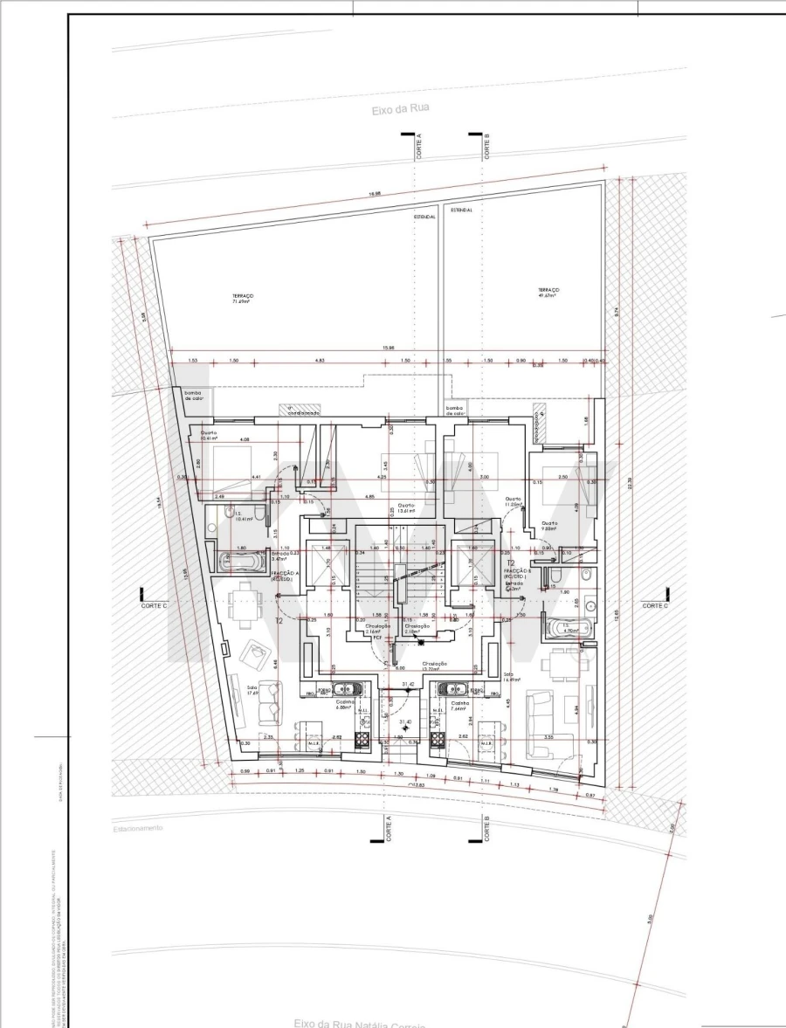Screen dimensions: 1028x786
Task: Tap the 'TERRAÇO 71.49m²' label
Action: (x=242, y=298)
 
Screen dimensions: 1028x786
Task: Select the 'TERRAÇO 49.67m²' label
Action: (x=548, y=293)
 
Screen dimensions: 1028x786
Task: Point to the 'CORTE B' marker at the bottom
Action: (x=486, y=828)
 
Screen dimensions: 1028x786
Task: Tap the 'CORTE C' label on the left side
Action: (x=155, y=606)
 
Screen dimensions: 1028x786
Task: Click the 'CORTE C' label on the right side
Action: (x=655, y=606)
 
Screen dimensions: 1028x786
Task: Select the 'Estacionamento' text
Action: (x=137, y=827)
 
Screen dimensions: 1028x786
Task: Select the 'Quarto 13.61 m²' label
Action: (x=405, y=508)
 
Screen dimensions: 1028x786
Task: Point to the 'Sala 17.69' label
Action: (x=253, y=689)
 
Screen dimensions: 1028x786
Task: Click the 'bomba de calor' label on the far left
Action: (x=193, y=396)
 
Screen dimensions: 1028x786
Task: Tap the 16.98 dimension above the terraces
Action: (x=376, y=194)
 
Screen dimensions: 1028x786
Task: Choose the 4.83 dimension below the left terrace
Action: (x=320, y=361)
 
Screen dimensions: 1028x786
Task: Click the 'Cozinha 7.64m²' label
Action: (x=460, y=706)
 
